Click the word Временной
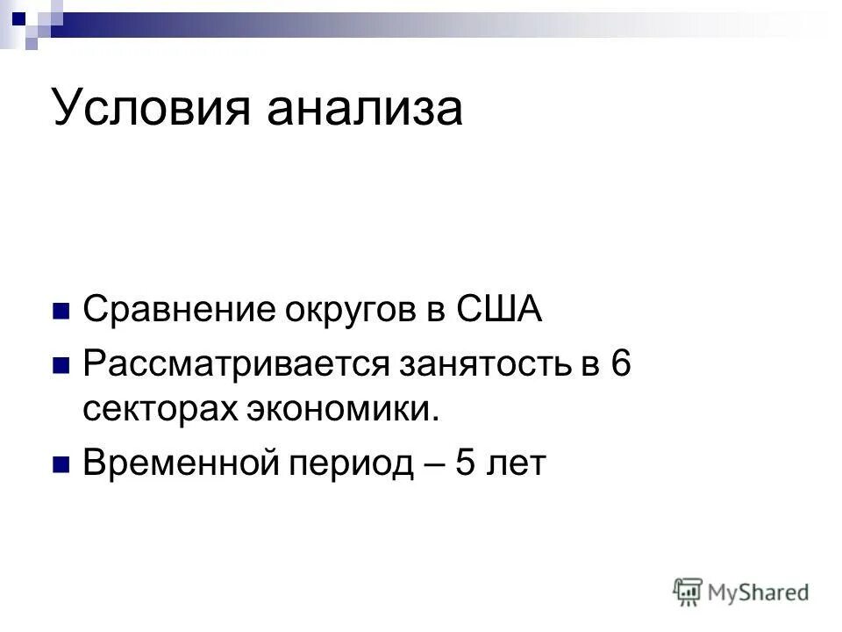(x=175, y=463)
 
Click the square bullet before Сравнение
(x=61, y=312)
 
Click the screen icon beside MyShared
(x=688, y=592)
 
